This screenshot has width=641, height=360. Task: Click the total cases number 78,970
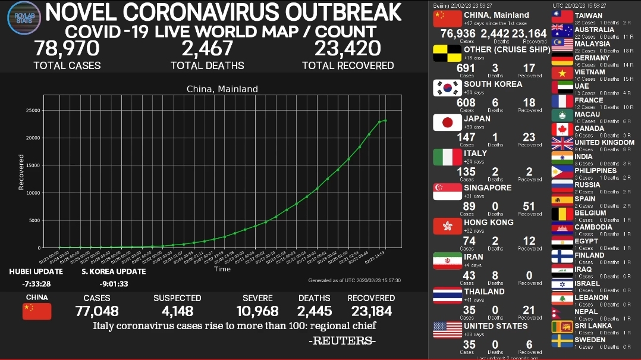point(67,48)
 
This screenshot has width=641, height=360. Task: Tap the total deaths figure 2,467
point(207,48)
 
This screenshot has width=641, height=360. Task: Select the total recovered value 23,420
point(348,48)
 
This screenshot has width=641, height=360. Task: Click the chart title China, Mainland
point(222,89)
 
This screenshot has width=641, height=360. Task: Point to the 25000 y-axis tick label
point(32,110)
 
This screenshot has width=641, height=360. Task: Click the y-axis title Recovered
point(21,173)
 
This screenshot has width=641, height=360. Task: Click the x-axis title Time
point(222,269)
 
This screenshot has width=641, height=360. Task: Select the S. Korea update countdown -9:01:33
point(114,283)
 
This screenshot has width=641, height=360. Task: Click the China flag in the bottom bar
point(37,311)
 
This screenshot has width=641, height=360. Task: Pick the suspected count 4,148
point(177,311)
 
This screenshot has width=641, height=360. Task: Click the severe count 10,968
point(257,311)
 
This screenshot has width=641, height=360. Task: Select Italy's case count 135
point(467,172)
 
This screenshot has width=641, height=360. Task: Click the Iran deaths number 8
point(496,276)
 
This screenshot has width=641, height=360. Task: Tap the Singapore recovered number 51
point(529,206)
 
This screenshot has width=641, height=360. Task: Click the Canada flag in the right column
point(562,130)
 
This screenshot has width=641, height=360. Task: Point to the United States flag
point(447,330)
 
